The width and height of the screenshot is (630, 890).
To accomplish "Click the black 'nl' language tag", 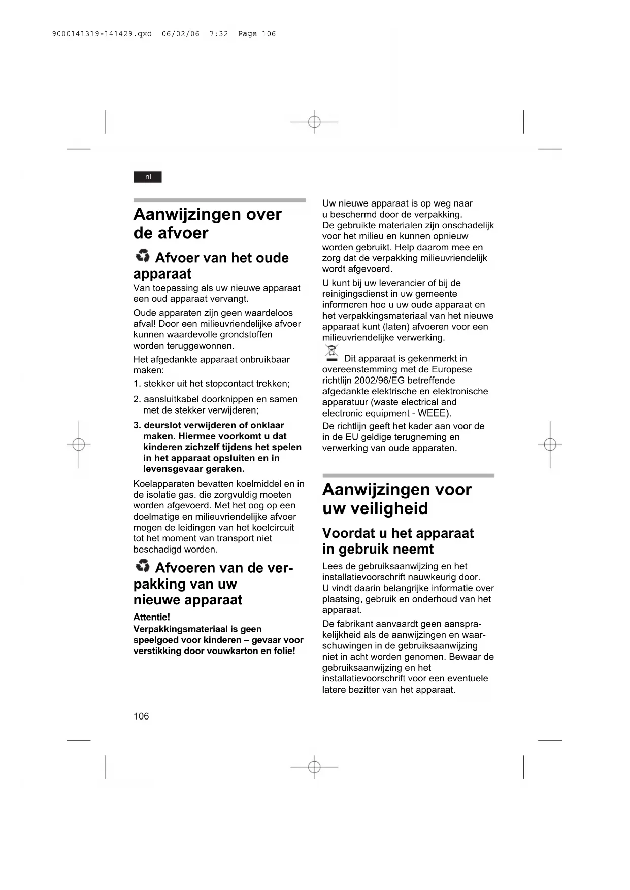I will tap(148, 177).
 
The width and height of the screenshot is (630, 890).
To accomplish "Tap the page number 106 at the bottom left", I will tap(141, 716).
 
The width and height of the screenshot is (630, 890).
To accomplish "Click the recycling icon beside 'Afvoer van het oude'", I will tap(143, 256).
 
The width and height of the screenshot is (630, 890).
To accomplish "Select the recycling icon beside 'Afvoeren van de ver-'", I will tap(143, 566).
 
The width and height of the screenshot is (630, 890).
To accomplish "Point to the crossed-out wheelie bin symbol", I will tap(331, 353).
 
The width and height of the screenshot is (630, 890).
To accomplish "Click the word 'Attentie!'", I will tap(151, 617).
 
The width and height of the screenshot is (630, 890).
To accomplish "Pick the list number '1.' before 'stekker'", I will tap(137, 384).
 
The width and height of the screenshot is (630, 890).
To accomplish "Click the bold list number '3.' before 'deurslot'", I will tap(137, 425).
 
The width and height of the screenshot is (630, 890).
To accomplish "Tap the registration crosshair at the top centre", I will tap(314, 122).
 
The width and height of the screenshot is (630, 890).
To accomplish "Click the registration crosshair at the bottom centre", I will tap(314, 767).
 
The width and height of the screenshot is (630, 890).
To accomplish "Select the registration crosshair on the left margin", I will tap(78, 444).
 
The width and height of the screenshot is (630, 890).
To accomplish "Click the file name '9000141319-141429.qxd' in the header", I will tap(102, 33).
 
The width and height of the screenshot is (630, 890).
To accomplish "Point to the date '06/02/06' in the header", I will tap(181, 33).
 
